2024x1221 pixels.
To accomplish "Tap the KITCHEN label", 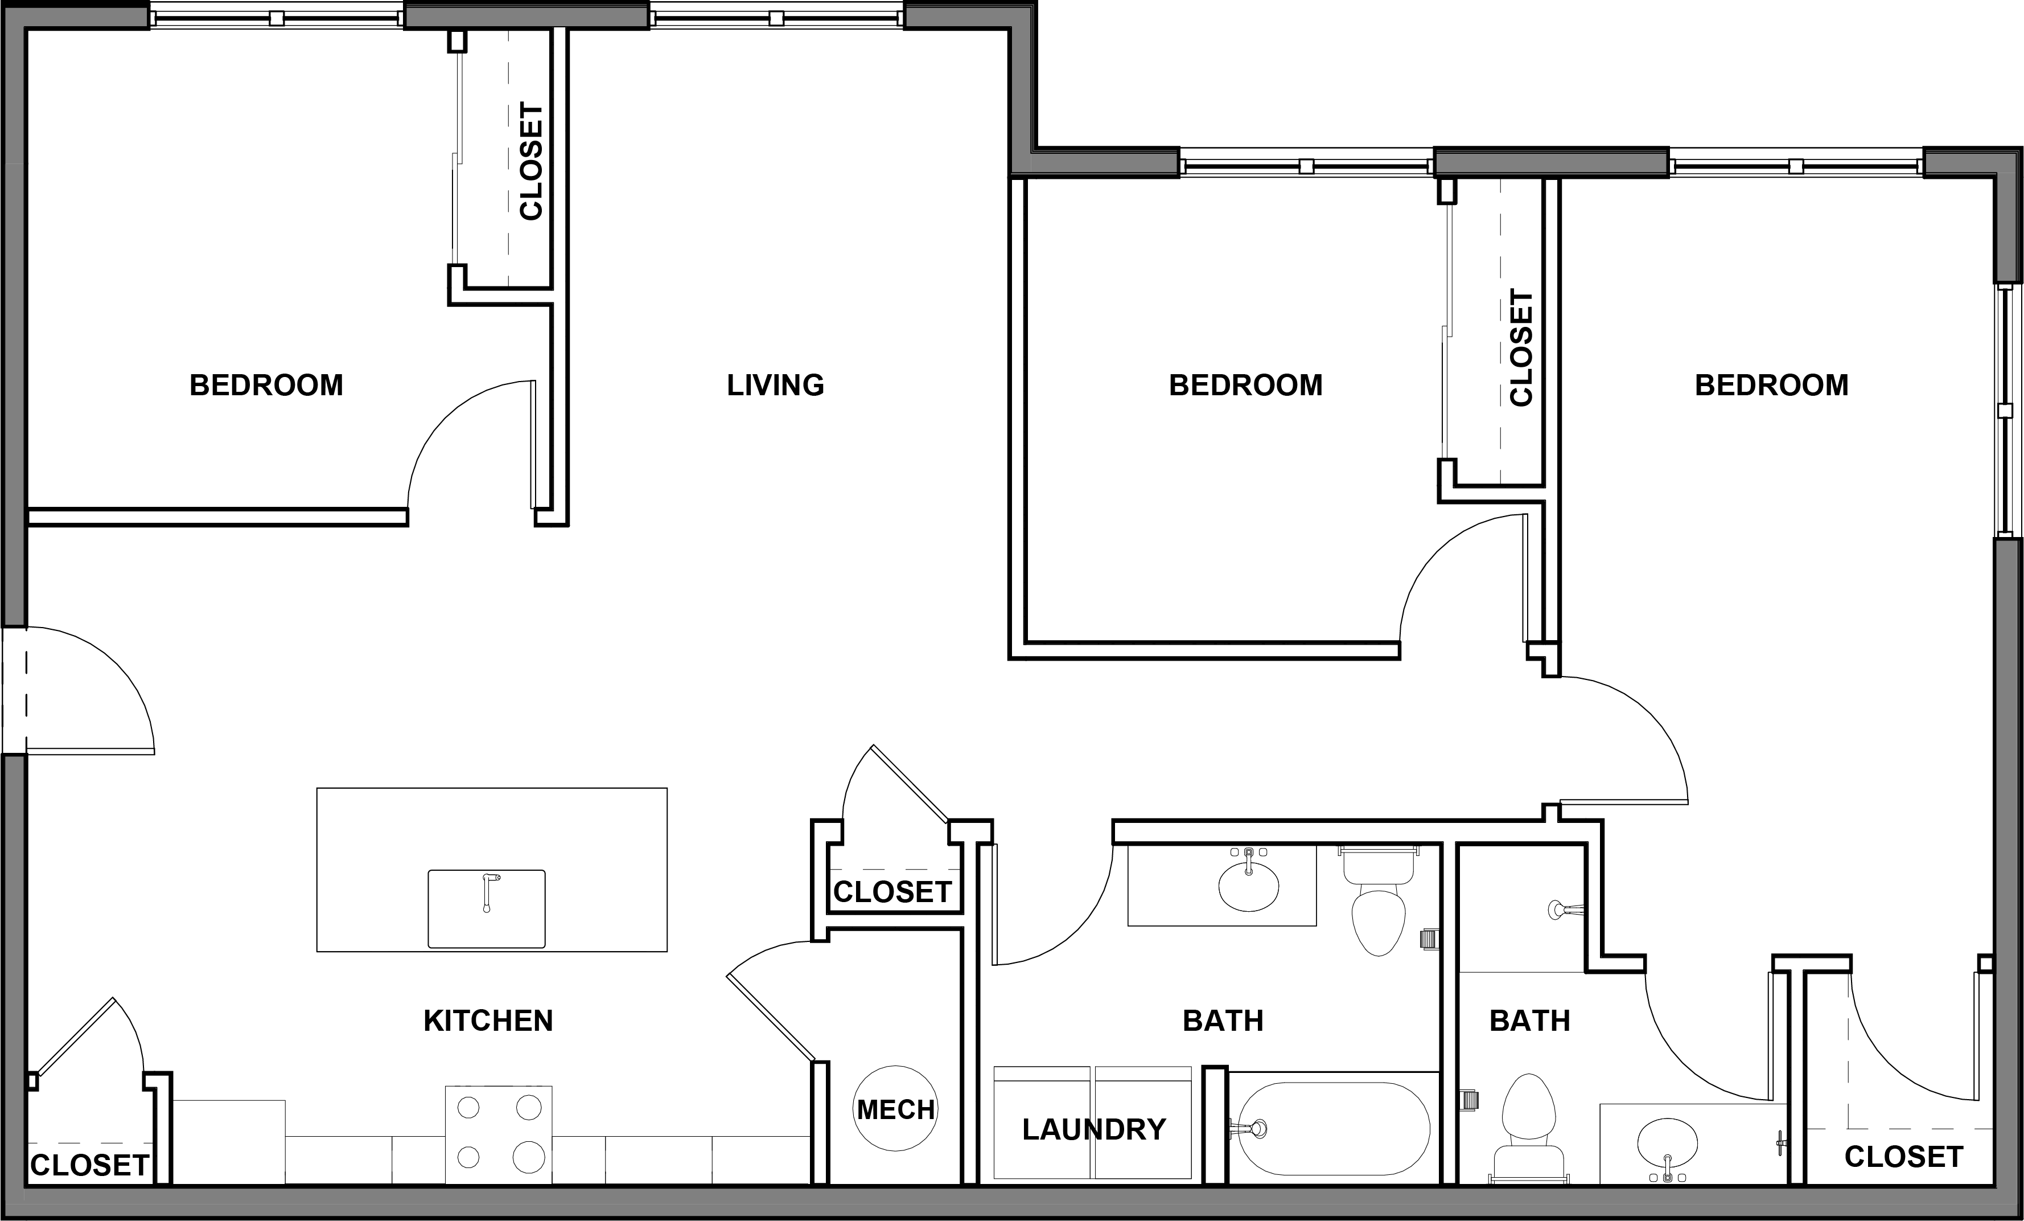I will pos(488,1021).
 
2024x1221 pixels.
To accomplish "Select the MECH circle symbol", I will pos(895,1109).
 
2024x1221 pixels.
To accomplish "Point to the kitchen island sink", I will pos(486,908).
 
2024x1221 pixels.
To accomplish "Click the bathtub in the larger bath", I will pos(1333,1128).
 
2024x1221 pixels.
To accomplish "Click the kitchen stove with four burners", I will pos(499,1134).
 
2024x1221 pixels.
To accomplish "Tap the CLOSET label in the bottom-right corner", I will pos(1903,1157).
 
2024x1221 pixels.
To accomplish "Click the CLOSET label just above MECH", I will pos(892,891).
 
